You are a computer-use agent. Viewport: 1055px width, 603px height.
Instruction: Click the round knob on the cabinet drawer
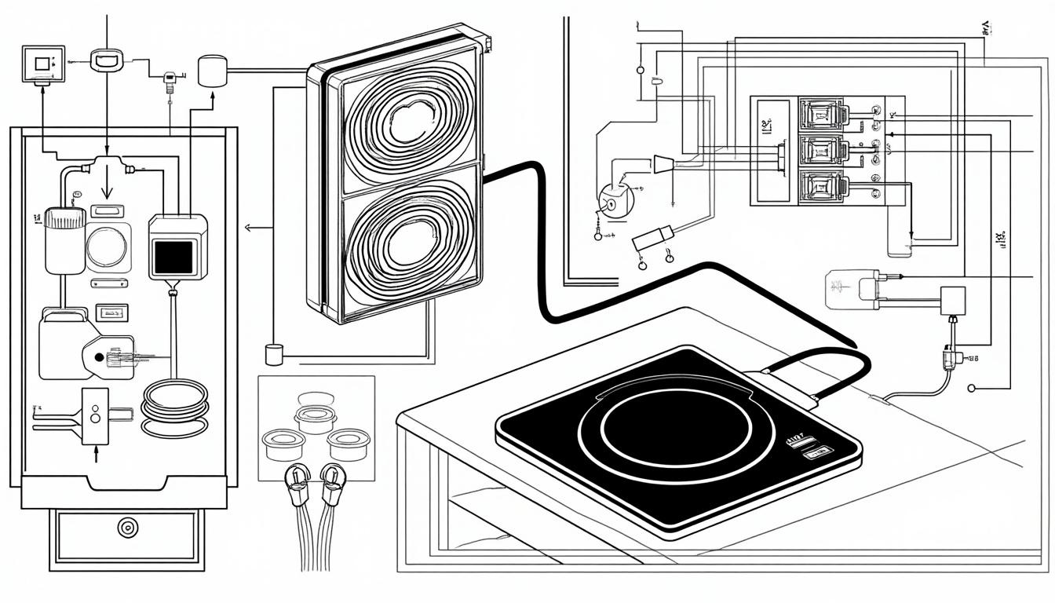pyautogui.click(x=126, y=527)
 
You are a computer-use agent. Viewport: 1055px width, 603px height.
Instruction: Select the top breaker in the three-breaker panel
pyautogui.click(x=822, y=114)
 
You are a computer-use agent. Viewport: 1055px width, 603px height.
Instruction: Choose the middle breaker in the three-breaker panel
pyautogui.click(x=822, y=149)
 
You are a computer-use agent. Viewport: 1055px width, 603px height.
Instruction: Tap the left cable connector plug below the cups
pyautogui.click(x=300, y=478)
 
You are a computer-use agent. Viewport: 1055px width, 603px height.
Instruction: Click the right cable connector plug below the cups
pyautogui.click(x=332, y=478)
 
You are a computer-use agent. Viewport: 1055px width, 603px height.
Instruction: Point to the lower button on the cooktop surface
pyautogui.click(x=816, y=452)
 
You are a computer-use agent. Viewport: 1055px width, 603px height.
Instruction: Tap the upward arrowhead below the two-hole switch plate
pyautogui.click(x=96, y=449)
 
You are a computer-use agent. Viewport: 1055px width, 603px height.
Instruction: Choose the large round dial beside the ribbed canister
pyautogui.click(x=108, y=246)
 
